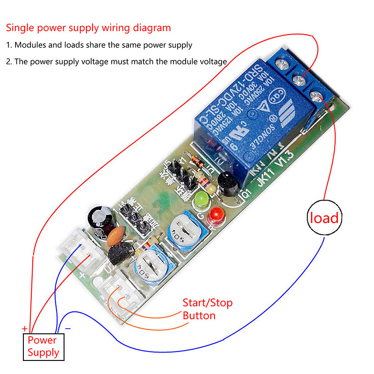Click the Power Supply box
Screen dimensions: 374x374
43,346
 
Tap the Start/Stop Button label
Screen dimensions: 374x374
207,309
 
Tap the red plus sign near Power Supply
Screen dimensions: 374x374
24,329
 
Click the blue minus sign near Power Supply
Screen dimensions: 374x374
68,329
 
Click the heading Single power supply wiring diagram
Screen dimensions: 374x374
88,28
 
